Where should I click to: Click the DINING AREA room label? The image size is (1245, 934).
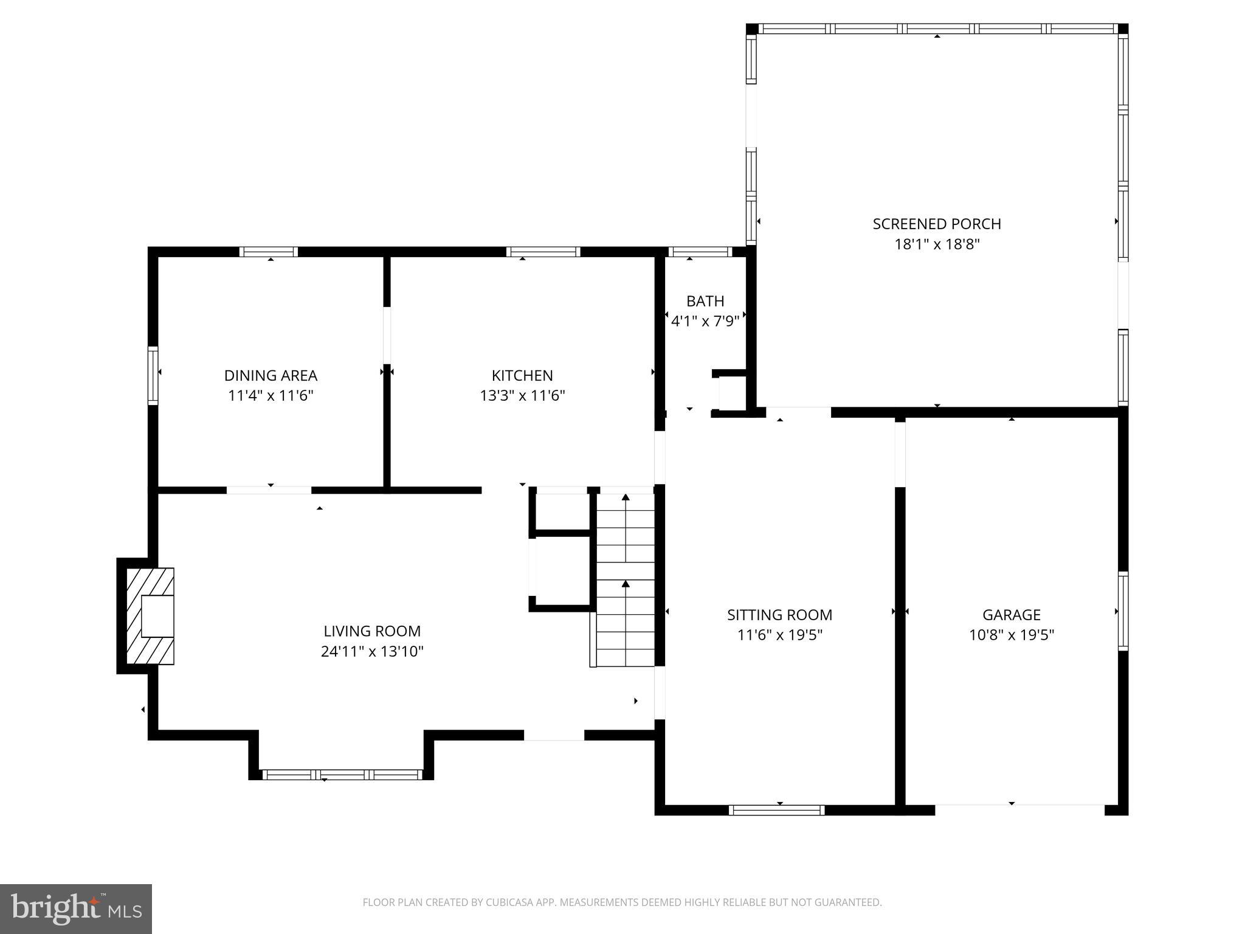point(271,375)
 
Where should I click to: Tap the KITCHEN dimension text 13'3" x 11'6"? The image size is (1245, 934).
point(522,396)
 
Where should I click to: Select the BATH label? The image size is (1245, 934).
point(705,301)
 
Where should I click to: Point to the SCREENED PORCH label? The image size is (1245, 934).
point(937,224)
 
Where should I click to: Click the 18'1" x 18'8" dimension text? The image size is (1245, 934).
point(937,244)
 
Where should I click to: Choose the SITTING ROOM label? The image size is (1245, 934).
point(779,615)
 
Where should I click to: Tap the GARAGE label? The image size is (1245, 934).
point(1012,615)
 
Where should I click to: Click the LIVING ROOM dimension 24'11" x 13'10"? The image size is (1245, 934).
point(372,652)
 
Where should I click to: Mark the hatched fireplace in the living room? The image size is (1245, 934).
point(150,616)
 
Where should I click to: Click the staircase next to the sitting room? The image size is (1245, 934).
point(625,578)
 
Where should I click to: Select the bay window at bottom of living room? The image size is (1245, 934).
point(342,774)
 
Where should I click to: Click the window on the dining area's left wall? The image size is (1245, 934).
point(153,375)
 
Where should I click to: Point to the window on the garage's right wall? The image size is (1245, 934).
point(1123,611)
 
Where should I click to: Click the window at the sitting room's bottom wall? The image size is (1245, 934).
point(776,810)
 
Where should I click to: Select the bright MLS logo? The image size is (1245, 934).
point(76,908)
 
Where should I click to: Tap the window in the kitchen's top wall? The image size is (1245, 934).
point(543,252)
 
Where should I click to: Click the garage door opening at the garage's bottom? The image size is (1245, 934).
point(1019,809)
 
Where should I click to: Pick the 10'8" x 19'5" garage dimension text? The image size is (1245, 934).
point(1012,635)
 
